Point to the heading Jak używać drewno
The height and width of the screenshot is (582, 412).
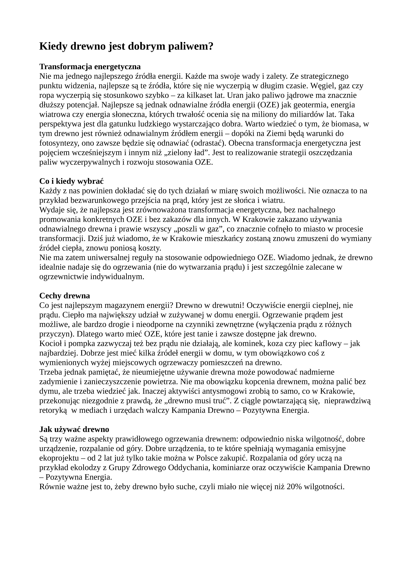click(74, 429)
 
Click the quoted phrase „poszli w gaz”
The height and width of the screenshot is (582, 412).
click(198, 229)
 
